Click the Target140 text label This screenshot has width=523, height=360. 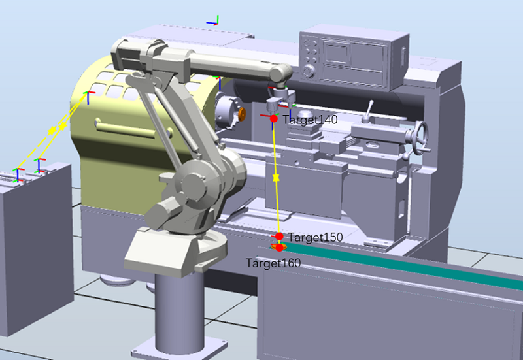pos(310,120)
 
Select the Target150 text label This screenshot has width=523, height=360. pos(316,237)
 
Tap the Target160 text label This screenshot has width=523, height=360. pos(273,263)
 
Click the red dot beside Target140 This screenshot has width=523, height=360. pos(274,118)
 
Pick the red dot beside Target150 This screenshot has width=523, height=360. pos(279,237)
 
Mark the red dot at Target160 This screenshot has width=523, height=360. pos(280,248)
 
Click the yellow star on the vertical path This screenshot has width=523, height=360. pos(276,178)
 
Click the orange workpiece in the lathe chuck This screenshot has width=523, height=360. pos(242,114)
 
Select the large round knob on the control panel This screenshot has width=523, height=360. pos(309,71)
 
